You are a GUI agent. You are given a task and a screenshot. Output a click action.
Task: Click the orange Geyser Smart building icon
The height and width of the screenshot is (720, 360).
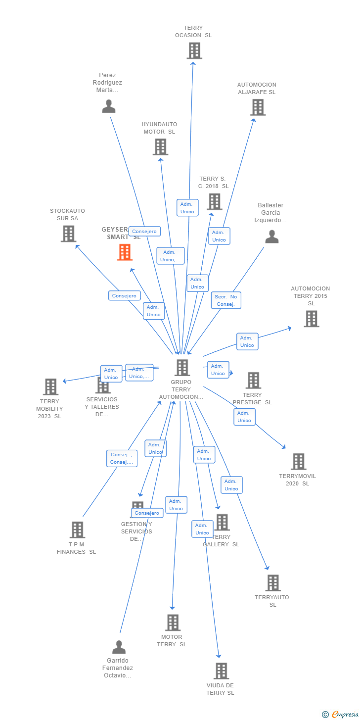tap(125, 252)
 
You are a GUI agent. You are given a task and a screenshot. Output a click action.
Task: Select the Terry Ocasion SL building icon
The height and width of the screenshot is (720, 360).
tap(194, 50)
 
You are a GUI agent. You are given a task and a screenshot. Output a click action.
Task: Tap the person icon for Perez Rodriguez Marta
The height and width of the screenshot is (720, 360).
tap(108, 106)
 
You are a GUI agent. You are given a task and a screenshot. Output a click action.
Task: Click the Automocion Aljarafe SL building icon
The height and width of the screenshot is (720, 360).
tap(258, 107)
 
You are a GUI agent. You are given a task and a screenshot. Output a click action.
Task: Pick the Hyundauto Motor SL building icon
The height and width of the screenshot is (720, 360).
tap(160, 147)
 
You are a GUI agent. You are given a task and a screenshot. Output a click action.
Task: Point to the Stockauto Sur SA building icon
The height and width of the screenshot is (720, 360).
tap(68, 234)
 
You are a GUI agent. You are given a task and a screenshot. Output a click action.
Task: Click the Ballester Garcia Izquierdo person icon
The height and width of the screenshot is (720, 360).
tap(271, 237)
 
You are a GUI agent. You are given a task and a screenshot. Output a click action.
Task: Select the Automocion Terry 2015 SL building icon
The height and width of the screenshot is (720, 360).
tap(311, 319)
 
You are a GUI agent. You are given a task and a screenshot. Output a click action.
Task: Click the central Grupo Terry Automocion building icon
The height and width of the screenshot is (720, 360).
tap(182, 368)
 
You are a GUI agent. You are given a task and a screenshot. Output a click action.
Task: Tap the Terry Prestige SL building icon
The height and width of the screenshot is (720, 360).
tap(253, 381)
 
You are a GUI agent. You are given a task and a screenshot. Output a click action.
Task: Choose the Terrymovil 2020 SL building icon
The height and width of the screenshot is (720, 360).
tap(298, 462)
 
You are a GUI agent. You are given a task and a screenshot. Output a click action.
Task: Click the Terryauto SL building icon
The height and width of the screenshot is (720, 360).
tap(273, 583)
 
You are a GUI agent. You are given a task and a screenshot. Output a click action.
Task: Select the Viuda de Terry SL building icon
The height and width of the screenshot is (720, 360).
tap(221, 671)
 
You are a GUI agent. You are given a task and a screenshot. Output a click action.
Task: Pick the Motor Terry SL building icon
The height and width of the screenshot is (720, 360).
tap(173, 623)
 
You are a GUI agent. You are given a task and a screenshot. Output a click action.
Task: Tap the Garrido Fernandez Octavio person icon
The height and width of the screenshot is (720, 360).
tap(119, 647)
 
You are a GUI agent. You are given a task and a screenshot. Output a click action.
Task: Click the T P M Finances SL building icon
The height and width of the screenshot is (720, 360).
tap(77, 530)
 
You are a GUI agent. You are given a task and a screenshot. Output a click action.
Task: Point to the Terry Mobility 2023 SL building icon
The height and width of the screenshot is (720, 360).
tap(50, 387)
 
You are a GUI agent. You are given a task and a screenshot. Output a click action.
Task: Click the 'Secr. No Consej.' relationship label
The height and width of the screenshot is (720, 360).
tap(226, 300)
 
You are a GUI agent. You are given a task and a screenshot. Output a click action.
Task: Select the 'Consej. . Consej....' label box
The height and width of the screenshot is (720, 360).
tap(122, 458)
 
